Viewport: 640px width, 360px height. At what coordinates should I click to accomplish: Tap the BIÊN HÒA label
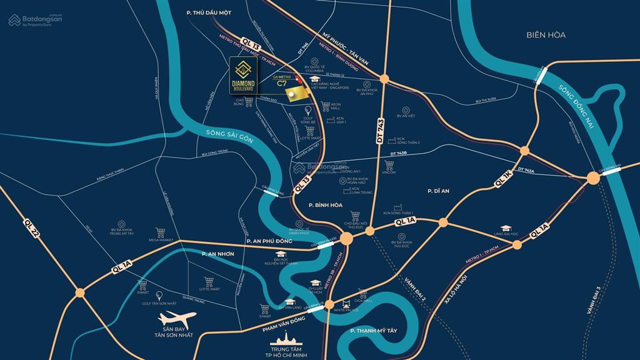coord(545,35)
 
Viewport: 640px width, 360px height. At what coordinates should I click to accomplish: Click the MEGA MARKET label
coord(160,239)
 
